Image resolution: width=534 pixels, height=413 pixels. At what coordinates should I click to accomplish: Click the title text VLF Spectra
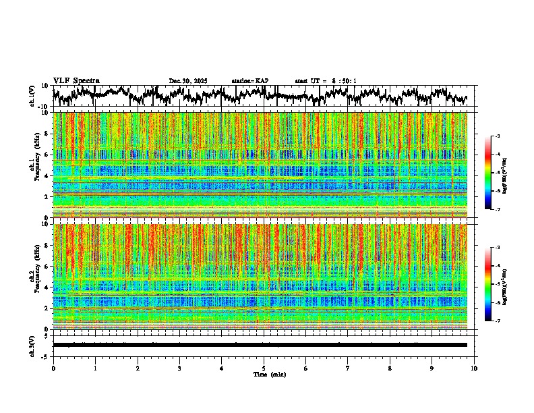click(x=76, y=80)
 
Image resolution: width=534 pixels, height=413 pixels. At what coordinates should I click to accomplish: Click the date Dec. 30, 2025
click(x=188, y=81)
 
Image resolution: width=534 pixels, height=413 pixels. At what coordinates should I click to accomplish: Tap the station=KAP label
click(x=249, y=81)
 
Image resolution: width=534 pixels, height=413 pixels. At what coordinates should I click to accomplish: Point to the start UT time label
click(x=326, y=81)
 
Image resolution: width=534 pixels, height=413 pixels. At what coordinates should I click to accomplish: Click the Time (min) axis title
click(x=269, y=374)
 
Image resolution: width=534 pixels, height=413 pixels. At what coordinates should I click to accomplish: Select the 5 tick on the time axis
click(x=264, y=368)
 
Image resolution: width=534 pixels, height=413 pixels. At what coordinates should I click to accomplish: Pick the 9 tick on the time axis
click(x=432, y=368)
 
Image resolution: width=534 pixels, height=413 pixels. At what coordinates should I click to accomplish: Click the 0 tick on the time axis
click(x=53, y=368)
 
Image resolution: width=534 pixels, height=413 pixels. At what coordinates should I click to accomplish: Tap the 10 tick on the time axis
click(x=474, y=368)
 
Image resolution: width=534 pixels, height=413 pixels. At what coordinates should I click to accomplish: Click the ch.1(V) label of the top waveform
click(x=32, y=96)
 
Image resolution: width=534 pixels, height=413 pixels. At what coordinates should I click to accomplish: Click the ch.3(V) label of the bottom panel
click(x=32, y=345)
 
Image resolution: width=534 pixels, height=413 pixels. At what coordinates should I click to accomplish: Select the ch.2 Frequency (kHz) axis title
click(x=35, y=276)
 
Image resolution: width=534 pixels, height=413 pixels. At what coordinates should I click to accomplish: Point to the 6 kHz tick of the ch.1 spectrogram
click(x=46, y=155)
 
